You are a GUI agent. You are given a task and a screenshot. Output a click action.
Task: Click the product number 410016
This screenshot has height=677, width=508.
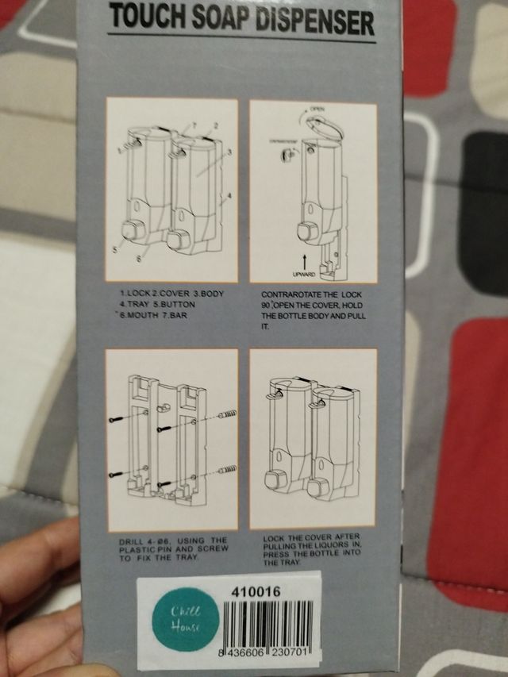click(x=252, y=592)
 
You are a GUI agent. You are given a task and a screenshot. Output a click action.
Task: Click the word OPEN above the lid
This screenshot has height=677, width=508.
click(x=317, y=109)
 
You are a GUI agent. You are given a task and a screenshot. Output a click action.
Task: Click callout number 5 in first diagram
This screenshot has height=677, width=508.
click(x=114, y=248)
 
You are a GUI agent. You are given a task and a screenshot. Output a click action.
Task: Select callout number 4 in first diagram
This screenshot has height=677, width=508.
click(x=229, y=194)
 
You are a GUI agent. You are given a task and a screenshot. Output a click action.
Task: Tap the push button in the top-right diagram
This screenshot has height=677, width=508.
click(x=304, y=232)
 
